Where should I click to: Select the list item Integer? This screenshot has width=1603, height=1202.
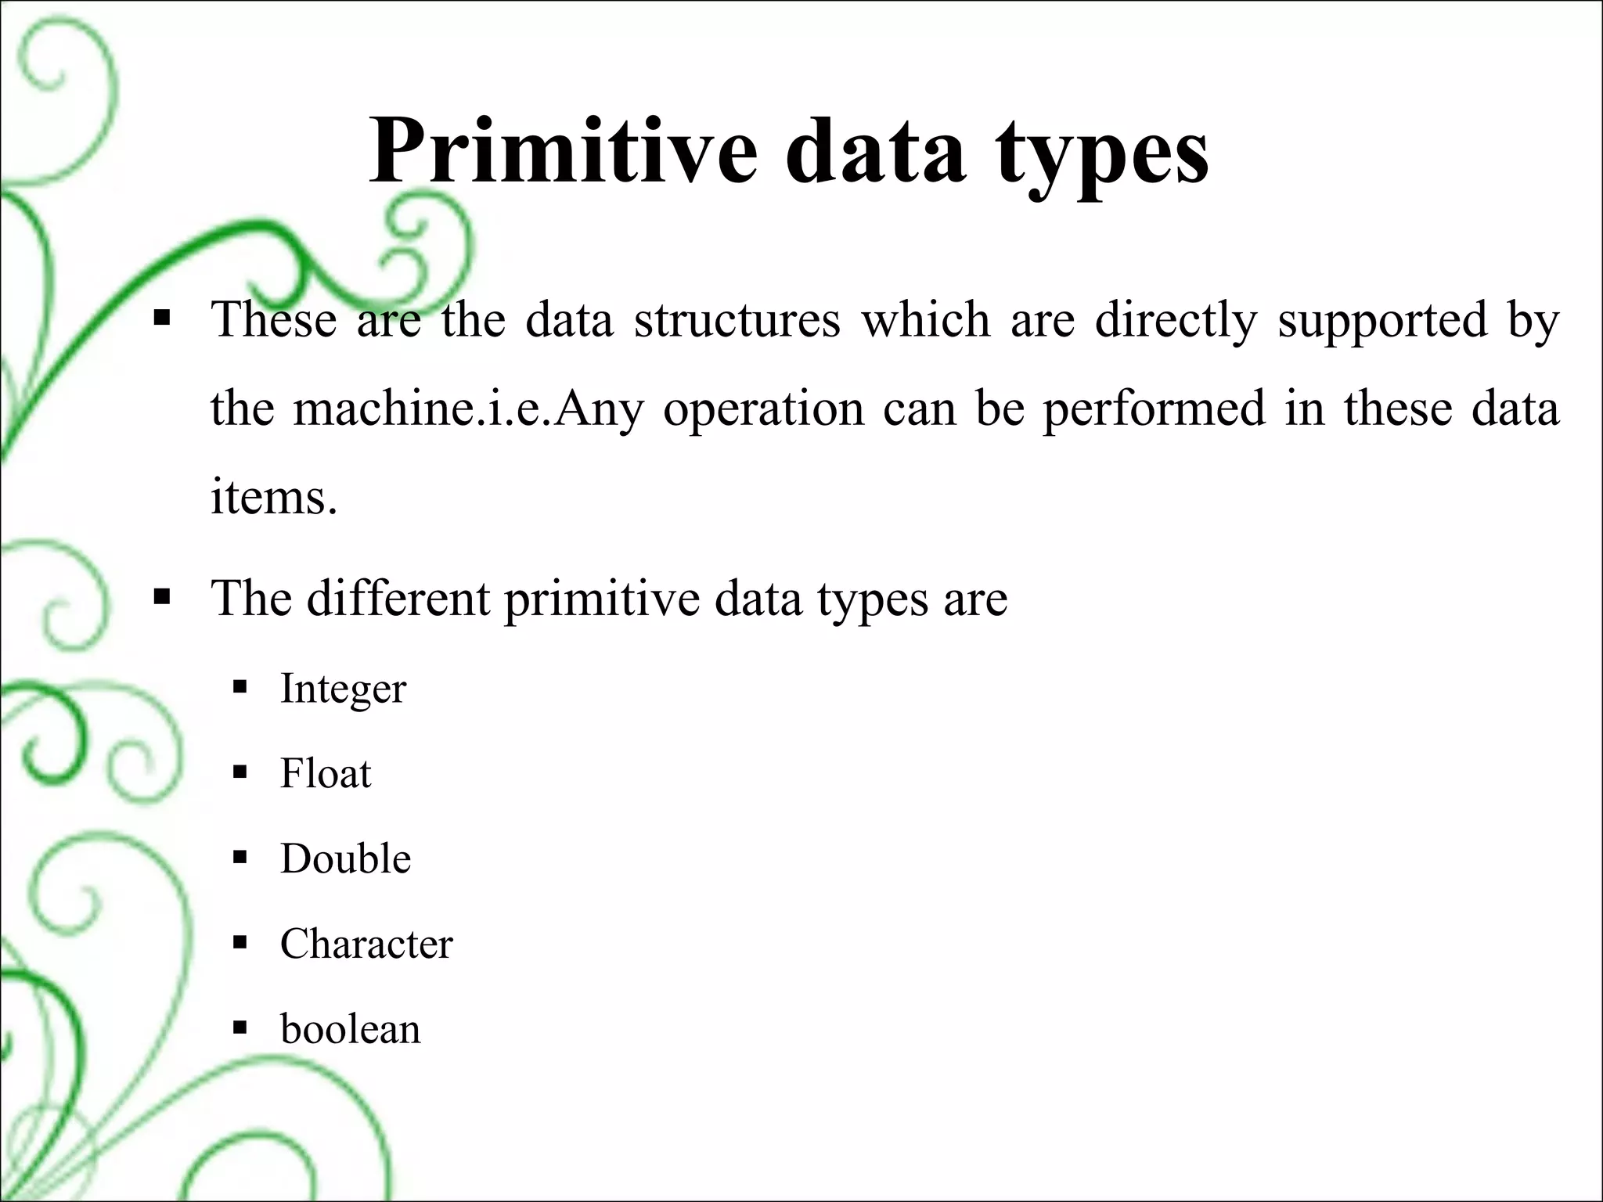click(x=343, y=689)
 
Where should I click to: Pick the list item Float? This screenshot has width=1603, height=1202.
click(x=326, y=774)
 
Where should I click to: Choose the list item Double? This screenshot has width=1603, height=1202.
click(x=345, y=858)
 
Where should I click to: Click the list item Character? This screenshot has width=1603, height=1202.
click(x=366, y=944)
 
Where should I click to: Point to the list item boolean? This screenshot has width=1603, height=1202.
click(x=351, y=1029)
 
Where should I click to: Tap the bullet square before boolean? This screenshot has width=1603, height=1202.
click(x=240, y=1027)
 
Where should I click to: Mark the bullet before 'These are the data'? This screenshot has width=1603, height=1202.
click(x=162, y=318)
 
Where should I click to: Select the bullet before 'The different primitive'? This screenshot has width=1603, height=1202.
click(x=162, y=599)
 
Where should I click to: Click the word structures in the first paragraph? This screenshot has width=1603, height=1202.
click(x=737, y=320)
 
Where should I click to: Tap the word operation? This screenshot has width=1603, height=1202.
click(x=763, y=410)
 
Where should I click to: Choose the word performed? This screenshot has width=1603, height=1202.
click(x=1154, y=410)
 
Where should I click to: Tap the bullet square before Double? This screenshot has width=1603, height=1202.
click(x=240, y=858)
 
